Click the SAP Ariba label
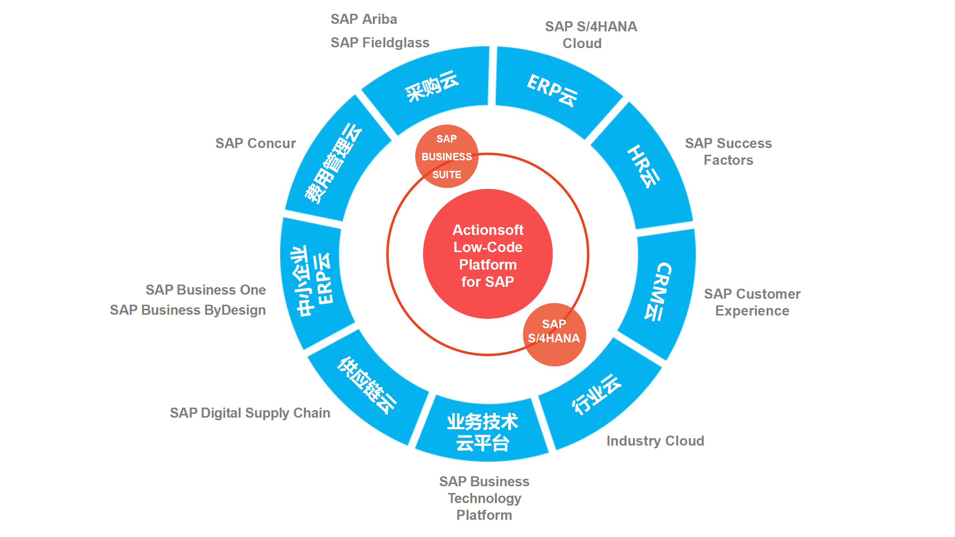coord(364,19)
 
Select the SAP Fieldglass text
coord(380,43)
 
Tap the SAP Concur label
coord(256,143)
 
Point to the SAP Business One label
coord(206,290)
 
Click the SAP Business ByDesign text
coord(188,310)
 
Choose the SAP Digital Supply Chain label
coord(250,413)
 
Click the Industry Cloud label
coord(655,441)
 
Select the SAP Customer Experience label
coord(752,302)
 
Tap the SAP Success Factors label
coord(728,151)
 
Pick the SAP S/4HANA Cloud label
coord(591,35)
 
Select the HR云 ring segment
coord(644,167)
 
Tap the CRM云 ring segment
coord(660,291)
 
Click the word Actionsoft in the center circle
coord(488,230)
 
